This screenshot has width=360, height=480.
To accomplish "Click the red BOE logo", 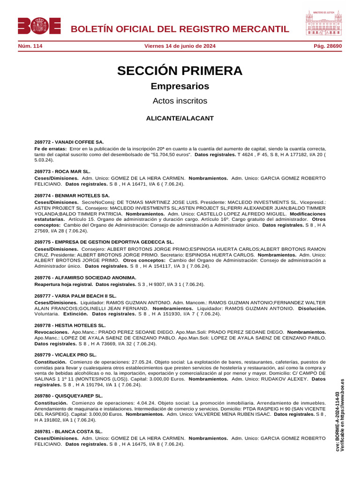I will pyautogui.click(x=39, y=26).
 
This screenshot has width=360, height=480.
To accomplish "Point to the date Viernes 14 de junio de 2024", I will pyautogui.click(x=180, y=46).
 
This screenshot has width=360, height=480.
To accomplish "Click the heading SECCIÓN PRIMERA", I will pyautogui.click(x=180, y=71).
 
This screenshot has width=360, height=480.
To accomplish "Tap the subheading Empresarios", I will pyautogui.click(x=180, y=86).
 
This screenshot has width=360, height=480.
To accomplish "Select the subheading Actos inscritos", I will pyautogui.click(x=180, y=101).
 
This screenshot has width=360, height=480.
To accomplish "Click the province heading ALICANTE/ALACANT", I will pyautogui.click(x=180, y=119).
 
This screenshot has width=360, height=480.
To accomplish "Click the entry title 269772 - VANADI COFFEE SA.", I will pyautogui.click(x=69, y=142).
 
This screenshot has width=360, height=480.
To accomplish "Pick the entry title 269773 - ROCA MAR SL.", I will pyautogui.click(x=62, y=172).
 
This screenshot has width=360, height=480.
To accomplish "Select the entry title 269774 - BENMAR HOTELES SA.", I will pyautogui.click(x=72, y=195).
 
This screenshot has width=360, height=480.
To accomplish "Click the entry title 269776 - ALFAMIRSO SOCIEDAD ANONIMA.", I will pyautogui.click(x=85, y=277).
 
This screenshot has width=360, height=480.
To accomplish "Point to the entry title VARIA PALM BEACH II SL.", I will pyautogui.click(x=75, y=296).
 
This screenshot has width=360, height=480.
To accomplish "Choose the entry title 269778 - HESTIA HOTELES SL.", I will pyautogui.click(x=70, y=325).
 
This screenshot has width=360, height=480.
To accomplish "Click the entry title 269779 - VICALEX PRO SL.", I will pyautogui.click(x=66, y=355).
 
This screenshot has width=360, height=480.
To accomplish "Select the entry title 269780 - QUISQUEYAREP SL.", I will pyautogui.click(x=68, y=396).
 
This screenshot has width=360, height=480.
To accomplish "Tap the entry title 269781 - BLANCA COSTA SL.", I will pyautogui.click(x=68, y=431).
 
